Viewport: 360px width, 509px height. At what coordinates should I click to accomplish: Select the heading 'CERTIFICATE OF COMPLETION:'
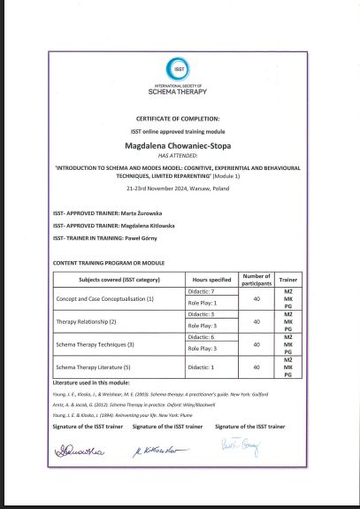pyautogui.click(x=180, y=118)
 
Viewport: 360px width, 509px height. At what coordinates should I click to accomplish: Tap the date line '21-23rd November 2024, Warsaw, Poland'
pyautogui.click(x=180, y=189)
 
